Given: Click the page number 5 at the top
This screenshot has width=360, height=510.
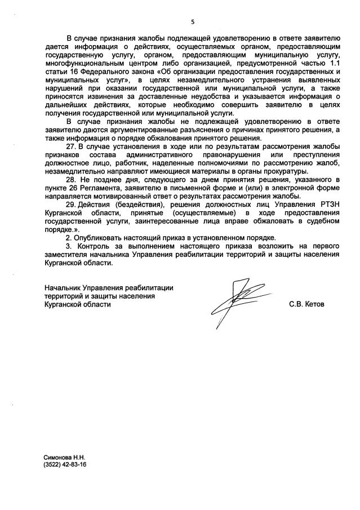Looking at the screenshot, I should (192, 22).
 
